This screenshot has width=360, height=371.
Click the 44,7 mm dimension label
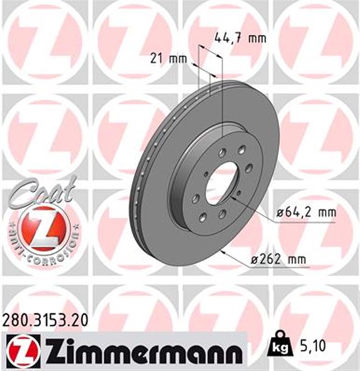click(x=239, y=39)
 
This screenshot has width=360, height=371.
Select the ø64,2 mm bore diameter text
click(x=306, y=213)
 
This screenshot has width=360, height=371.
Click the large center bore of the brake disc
click(x=221, y=180)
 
